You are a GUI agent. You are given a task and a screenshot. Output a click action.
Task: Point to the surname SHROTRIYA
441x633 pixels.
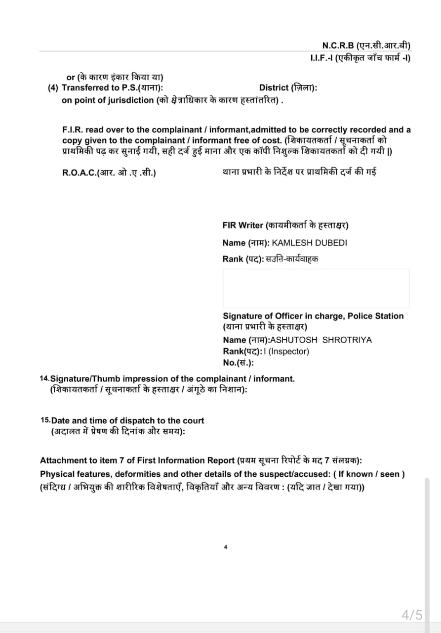[347, 340]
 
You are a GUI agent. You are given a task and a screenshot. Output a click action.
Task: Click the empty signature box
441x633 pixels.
[316, 288]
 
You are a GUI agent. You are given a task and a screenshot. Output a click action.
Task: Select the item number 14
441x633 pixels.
[44, 378]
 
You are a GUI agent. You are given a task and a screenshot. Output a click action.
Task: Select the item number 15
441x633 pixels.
[44, 420]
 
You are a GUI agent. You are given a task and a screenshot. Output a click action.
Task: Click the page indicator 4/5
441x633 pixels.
[412, 615]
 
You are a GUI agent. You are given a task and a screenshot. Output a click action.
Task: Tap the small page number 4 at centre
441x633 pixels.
[225, 547]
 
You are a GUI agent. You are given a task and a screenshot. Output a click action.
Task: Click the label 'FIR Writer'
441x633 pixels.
[243, 226]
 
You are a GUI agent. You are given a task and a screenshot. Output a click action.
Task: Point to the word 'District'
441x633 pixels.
[274, 88]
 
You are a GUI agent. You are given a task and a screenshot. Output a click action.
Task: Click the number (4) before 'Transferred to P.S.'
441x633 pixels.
[53, 88]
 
